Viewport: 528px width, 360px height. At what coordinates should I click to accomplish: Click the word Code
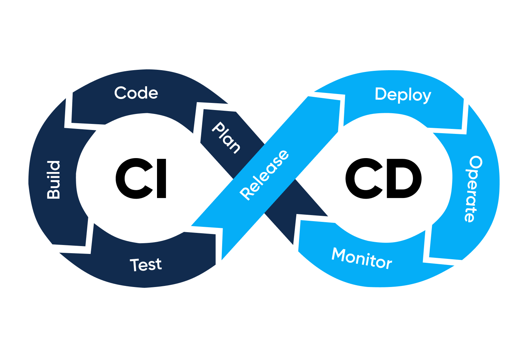[x=136, y=93]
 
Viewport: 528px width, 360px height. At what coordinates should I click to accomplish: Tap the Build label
[x=54, y=180]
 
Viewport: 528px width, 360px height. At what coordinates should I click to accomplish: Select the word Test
[x=146, y=265]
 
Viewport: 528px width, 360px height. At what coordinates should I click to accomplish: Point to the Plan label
[x=226, y=137]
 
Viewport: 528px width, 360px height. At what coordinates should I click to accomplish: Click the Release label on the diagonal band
[x=264, y=175]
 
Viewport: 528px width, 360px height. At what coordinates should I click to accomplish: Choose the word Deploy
[x=403, y=95]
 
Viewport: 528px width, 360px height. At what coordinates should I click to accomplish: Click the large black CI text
[x=141, y=178]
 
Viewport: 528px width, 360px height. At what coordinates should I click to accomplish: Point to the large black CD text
[x=383, y=178]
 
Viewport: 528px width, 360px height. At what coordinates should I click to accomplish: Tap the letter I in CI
[x=162, y=178]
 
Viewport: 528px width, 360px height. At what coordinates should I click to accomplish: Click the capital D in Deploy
[x=381, y=94]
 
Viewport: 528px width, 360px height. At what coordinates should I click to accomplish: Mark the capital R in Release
[x=246, y=193]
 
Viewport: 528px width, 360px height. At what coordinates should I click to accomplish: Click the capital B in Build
[x=54, y=193]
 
